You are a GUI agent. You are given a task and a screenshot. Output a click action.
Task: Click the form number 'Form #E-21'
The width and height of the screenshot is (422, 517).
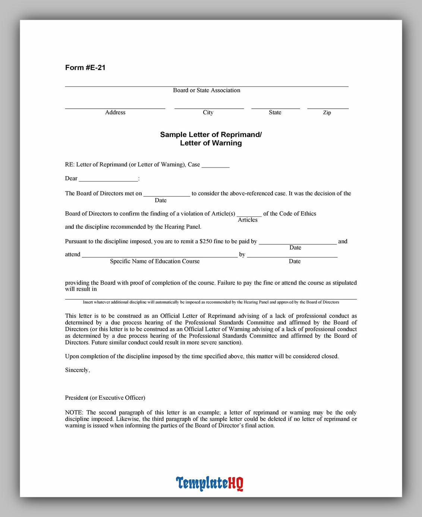click(x=85, y=67)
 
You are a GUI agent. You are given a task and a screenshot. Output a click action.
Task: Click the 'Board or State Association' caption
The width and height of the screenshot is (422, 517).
click(x=207, y=90)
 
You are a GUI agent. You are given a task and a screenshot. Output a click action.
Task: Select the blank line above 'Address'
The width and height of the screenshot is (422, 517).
click(x=115, y=108)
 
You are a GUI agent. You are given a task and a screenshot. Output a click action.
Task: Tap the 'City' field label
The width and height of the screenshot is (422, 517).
click(x=208, y=112)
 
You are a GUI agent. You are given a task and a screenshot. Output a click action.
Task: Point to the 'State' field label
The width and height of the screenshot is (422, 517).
click(x=275, y=112)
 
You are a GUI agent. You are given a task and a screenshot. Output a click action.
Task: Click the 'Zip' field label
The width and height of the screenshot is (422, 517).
click(x=327, y=112)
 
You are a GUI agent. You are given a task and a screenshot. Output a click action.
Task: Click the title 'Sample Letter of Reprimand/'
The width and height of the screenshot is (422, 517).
click(x=211, y=134)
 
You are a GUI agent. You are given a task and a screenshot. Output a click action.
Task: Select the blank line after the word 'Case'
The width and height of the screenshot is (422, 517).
click(x=215, y=166)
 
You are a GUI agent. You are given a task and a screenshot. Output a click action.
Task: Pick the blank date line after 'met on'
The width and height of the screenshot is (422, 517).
click(x=167, y=195)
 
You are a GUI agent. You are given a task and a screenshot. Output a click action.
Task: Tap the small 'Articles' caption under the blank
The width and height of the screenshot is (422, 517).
click(x=248, y=220)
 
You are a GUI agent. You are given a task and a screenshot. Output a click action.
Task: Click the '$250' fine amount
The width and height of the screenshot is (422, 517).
click(x=206, y=241)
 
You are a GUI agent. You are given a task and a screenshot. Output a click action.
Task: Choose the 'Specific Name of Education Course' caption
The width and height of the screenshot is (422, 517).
click(x=155, y=261)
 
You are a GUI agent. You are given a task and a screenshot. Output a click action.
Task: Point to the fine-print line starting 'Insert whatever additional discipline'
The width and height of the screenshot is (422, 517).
click(x=211, y=302)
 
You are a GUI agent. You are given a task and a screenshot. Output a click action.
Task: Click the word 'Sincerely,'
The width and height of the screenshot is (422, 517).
click(x=78, y=370)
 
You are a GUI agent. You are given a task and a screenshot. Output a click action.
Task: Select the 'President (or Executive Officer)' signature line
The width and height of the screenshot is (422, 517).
click(x=105, y=398)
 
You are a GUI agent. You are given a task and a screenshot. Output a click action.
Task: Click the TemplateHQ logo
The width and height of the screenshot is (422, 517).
click(x=210, y=483)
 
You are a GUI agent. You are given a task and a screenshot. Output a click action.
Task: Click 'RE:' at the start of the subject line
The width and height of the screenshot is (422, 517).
click(x=69, y=165)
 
